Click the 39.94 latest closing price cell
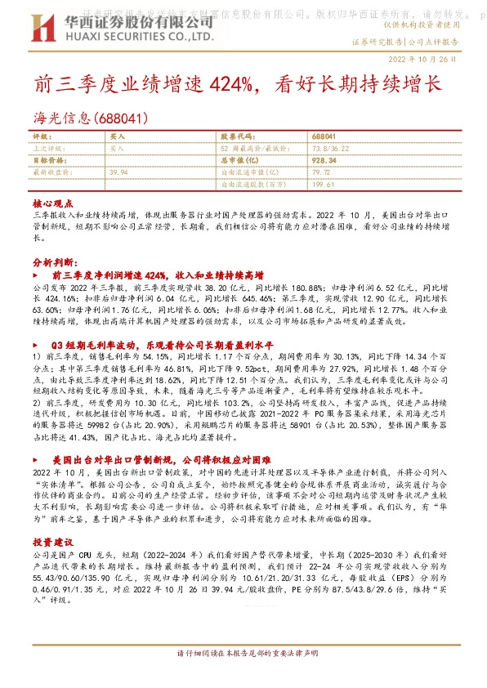[119, 173]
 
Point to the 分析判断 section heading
[53, 263]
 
